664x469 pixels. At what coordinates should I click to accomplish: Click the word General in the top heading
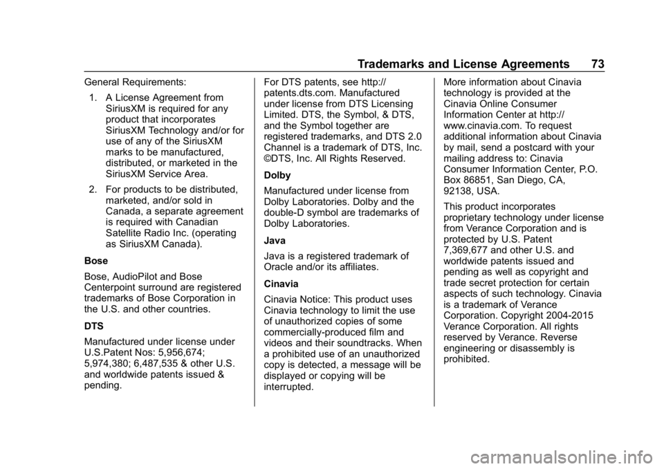tap(100, 83)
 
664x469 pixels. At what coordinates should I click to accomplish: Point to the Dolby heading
tap(277, 176)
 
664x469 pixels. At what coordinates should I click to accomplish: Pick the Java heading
tap(275, 241)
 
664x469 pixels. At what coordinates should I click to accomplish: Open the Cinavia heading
tap(281, 284)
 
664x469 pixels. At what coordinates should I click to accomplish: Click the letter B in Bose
tap(88, 261)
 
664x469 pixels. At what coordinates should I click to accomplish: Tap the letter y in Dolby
tap(288, 176)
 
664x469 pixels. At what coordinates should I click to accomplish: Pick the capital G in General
tap(88, 83)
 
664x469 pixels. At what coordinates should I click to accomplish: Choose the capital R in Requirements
tap(124, 83)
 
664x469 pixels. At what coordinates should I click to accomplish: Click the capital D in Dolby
tap(268, 176)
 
